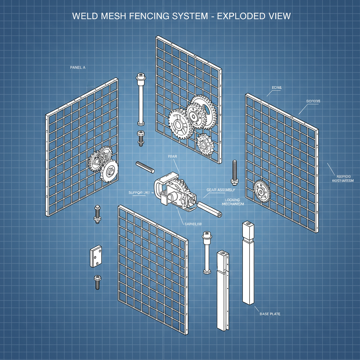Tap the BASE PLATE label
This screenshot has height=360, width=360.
tap(270, 314)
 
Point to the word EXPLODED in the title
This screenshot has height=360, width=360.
tap(240, 16)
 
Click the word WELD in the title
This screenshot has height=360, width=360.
tap(84, 16)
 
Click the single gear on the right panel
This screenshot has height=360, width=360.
tap(261, 191)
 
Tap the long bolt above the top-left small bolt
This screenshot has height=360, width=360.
tap(141, 99)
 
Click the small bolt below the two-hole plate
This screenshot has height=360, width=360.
tap(97, 282)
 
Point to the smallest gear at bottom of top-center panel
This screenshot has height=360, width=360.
tap(204, 143)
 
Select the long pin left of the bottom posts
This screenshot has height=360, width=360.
tap(206, 252)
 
